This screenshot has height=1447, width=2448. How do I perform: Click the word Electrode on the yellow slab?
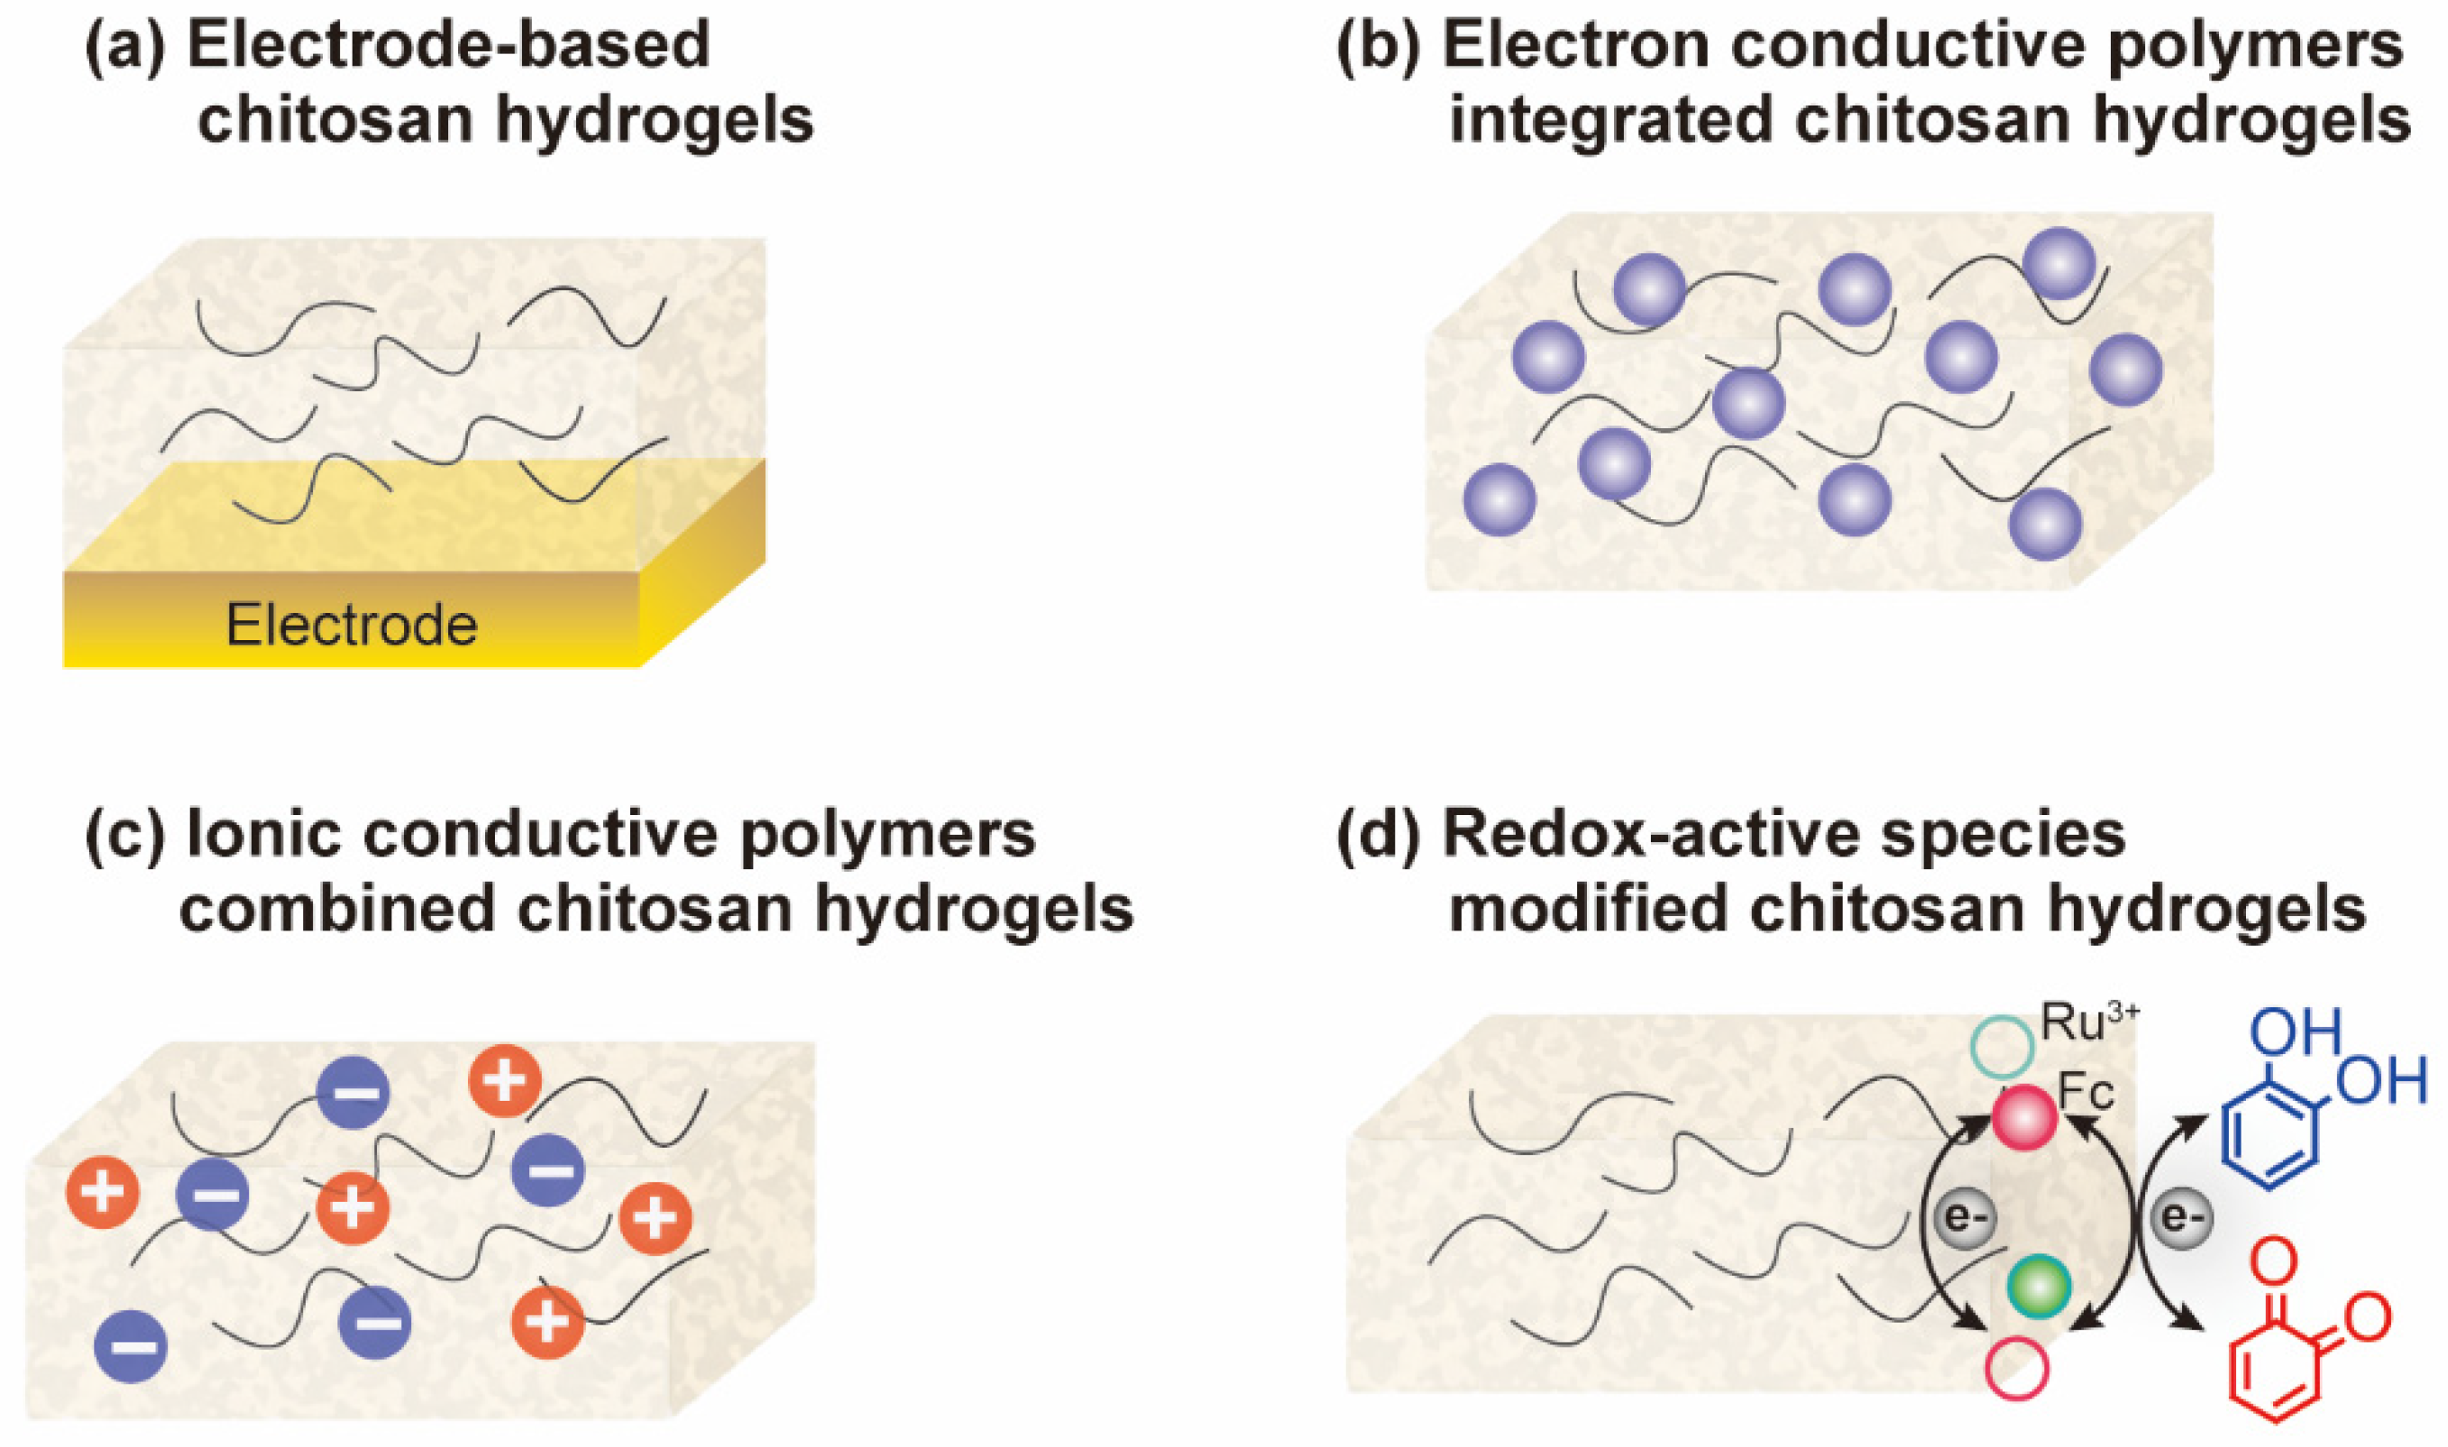352,625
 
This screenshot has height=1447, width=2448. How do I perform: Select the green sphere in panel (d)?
2039,1288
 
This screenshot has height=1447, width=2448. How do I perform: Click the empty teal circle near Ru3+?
2002,1046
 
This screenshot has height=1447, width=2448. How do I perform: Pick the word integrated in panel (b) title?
1609,121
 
